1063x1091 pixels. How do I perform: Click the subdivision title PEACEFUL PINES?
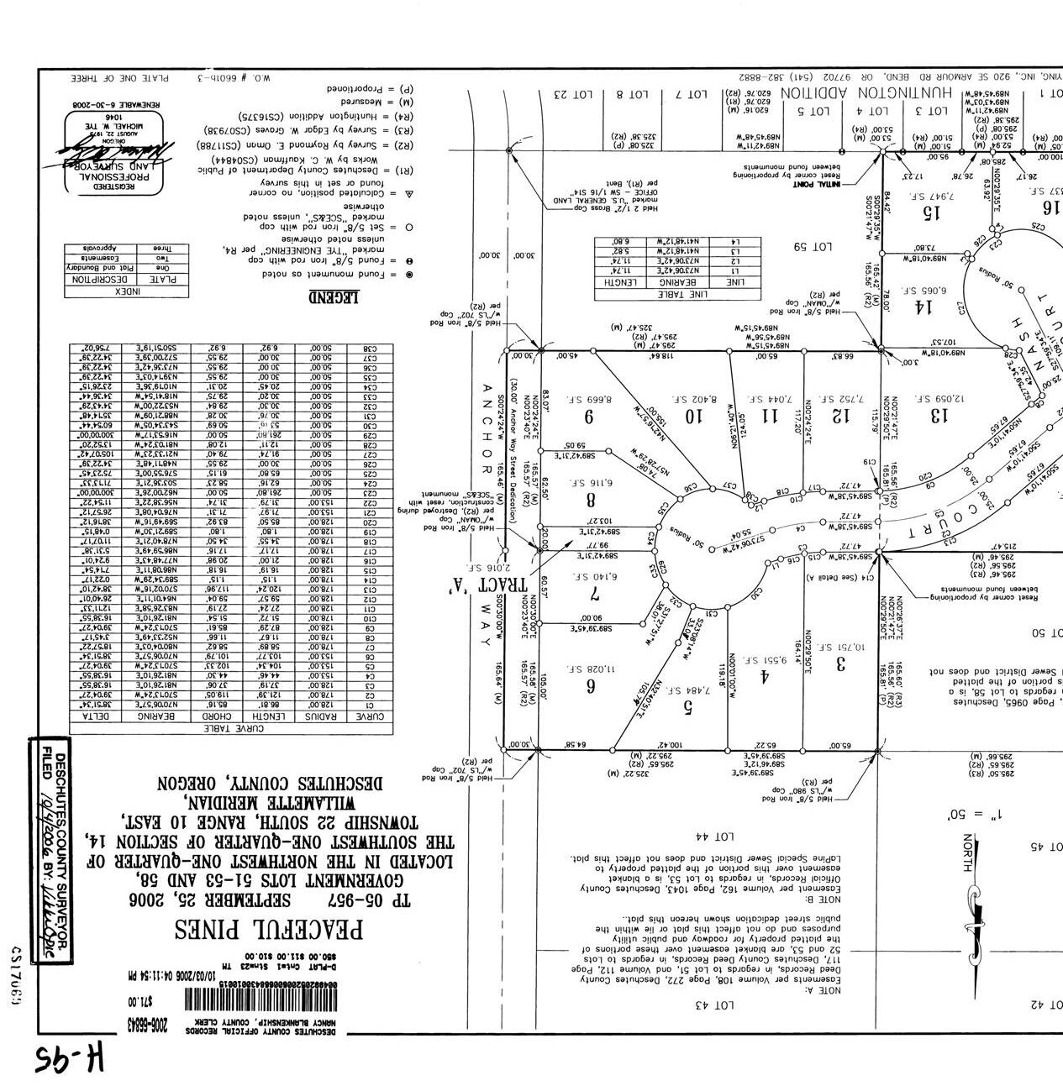(x=269, y=930)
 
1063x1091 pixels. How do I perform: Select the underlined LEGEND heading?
(x=334, y=296)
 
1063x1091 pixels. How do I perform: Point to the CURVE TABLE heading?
(x=231, y=729)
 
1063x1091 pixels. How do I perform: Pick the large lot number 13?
(x=939, y=414)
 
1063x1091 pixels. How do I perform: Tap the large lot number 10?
(x=692, y=415)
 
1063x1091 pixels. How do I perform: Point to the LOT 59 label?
(x=812, y=247)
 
